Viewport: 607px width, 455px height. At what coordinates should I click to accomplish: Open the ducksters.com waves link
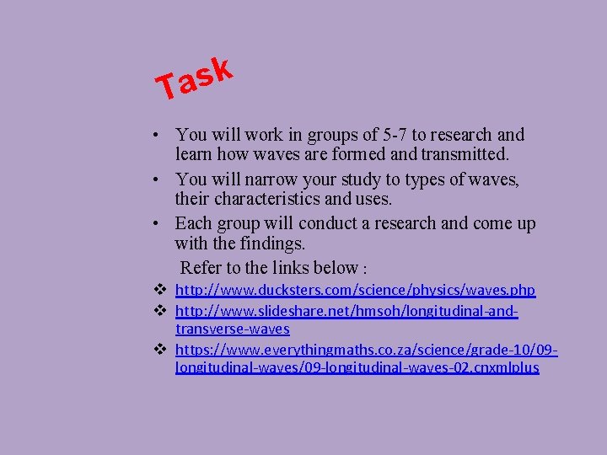[x=355, y=290]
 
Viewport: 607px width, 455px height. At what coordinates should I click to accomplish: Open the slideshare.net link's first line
[x=346, y=312]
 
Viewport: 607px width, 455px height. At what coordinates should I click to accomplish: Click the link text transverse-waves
[x=232, y=329]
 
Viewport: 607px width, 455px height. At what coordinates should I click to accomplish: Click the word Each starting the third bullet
[x=192, y=224]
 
